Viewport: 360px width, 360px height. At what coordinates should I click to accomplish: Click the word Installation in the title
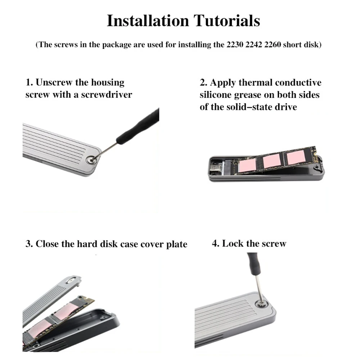click(148, 21)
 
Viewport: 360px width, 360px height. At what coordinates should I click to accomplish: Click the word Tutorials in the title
click(227, 21)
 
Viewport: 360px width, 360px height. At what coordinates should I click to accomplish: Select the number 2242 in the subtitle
click(254, 44)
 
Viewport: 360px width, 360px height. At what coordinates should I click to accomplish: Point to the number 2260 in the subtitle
click(273, 44)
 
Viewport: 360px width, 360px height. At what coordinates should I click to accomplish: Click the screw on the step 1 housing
click(90, 160)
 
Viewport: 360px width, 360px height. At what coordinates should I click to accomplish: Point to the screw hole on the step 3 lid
click(70, 280)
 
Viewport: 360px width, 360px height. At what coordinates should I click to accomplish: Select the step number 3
click(29, 244)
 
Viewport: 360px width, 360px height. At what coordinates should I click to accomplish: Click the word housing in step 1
click(108, 83)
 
